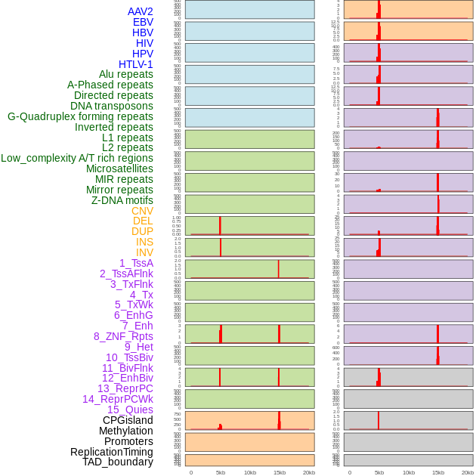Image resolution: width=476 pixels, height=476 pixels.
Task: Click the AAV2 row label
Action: [141, 11]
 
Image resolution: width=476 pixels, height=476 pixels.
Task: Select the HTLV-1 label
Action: [136, 64]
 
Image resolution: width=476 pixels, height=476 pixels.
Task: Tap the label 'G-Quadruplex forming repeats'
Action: [80, 116]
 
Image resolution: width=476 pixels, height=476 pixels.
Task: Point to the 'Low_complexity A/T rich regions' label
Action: [77, 158]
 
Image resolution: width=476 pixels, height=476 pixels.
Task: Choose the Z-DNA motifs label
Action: [122, 200]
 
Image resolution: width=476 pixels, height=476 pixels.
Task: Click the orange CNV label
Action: [142, 211]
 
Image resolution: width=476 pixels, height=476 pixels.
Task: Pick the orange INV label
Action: [144, 252]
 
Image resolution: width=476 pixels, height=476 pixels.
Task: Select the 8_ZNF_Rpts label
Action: [123, 336]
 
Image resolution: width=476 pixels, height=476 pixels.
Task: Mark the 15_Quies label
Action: [130, 410]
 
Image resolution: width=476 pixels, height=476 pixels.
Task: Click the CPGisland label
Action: [128, 420]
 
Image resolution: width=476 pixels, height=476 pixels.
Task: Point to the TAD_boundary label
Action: [118, 462]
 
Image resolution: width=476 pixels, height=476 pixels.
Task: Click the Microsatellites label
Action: [119, 168]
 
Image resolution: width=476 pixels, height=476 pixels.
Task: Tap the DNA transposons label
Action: [112, 106]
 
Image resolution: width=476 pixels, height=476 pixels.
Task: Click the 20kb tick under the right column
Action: [468, 472]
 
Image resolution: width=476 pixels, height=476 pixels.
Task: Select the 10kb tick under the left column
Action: [250, 472]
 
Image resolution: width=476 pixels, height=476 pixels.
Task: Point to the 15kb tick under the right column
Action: [438, 472]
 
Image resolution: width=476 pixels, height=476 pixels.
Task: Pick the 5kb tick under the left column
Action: [221, 472]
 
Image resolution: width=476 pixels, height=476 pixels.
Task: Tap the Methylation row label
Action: [126, 431]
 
